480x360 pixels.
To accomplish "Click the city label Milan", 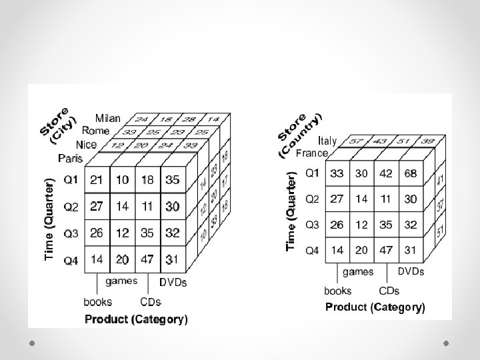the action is click(107, 119).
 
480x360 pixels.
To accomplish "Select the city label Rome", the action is click(95, 131).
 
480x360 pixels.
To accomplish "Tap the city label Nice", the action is click(86, 145).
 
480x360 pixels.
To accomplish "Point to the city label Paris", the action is click(70, 159).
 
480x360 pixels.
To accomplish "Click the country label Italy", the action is click(327, 141).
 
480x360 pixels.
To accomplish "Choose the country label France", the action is click(311, 153).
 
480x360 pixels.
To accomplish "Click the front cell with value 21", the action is click(97, 180).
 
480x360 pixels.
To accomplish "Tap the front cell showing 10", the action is click(122, 180).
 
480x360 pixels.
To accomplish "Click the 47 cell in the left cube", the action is click(147, 260).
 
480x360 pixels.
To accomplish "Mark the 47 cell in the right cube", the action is click(385, 250).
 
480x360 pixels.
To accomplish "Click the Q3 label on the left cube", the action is click(71, 233).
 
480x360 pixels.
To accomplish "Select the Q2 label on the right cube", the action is click(312, 199).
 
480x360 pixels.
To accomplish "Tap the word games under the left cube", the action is click(121, 281).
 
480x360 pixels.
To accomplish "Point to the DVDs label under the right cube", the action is click(411, 271).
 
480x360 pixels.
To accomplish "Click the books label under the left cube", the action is click(97, 302).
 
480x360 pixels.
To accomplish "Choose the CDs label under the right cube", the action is click(389, 291).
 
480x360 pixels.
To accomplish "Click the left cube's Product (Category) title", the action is click(136, 319).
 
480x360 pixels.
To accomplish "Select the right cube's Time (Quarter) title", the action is click(291, 210).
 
